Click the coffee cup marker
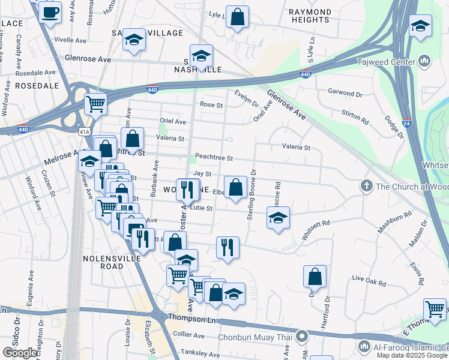(50, 12)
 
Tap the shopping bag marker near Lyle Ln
(238, 17)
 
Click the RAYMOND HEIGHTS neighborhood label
(310, 16)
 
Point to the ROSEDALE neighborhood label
(37, 86)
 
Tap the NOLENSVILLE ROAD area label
(112, 258)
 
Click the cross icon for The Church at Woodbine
(366, 187)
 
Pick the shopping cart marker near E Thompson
(435, 310)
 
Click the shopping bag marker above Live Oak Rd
(315, 277)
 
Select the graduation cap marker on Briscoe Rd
(278, 218)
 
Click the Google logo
(20, 353)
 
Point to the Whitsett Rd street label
(316, 231)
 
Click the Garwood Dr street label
(345, 94)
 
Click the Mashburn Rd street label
(394, 221)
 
